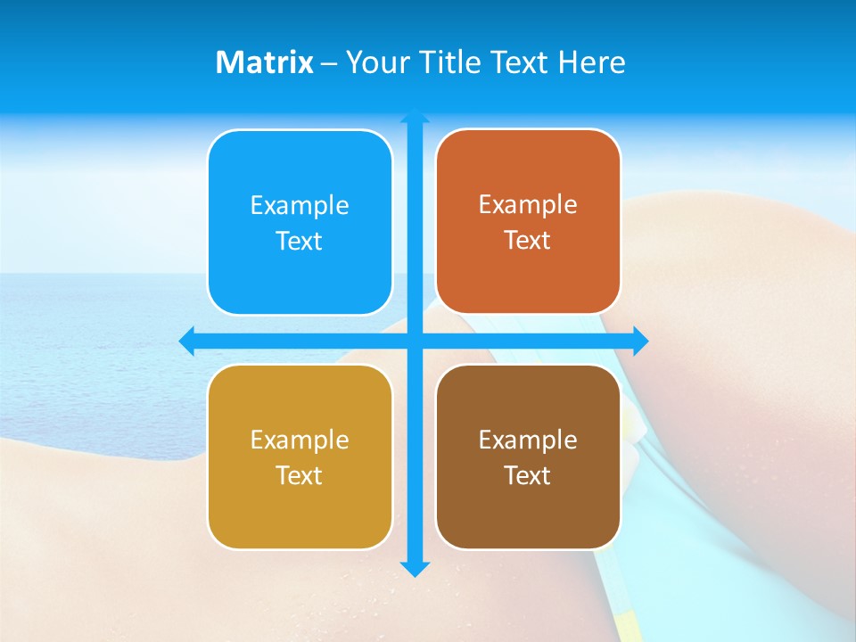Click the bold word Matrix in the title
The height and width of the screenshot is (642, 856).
[x=264, y=62]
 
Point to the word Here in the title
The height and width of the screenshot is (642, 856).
[x=592, y=62]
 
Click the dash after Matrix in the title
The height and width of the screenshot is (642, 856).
[x=329, y=63]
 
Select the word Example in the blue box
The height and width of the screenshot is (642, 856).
[x=300, y=205]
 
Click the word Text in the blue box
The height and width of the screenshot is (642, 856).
[x=300, y=241]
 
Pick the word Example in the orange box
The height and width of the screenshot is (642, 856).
[x=528, y=204]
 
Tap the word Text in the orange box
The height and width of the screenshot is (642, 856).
[x=528, y=240]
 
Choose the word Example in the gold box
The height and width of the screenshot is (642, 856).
[x=300, y=440]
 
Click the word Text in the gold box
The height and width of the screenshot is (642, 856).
[x=300, y=475]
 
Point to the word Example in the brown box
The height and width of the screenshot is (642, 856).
[x=528, y=440]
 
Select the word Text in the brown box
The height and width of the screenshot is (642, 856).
[x=528, y=475]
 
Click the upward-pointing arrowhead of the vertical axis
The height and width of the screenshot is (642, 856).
[x=415, y=116]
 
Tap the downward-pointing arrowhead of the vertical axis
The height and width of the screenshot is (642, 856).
[x=415, y=569]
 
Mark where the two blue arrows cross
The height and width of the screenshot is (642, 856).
[x=415, y=341]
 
